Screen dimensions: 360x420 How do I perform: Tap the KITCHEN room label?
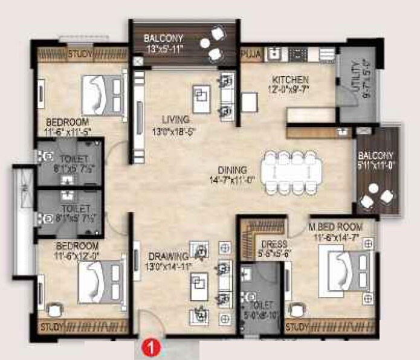point(290,80)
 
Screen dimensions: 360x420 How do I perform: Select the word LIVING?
point(171,119)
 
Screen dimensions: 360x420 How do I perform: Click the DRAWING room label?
point(166,256)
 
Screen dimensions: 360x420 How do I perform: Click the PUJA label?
point(250,54)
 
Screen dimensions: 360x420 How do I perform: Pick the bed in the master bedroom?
point(348,269)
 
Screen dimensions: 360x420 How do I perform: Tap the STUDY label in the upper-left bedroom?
point(80,54)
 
